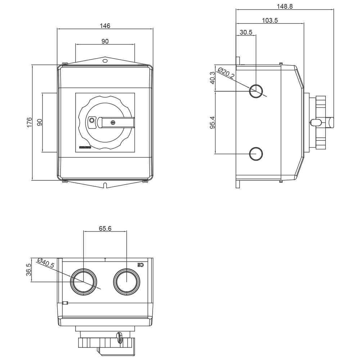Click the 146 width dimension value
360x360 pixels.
pos(105,26)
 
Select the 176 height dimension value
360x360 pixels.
pos(29,122)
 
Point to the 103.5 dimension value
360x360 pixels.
pos(270,21)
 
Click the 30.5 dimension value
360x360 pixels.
pos(246,32)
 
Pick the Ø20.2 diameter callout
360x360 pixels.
pos(226,75)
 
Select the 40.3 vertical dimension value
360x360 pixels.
pos(213,78)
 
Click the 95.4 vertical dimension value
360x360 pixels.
pos(213,122)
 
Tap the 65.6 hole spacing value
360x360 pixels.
pos(105,228)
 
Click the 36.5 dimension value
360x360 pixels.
pos(29,269)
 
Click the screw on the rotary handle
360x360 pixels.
pos(114,122)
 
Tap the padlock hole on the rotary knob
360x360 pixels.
pos(91,120)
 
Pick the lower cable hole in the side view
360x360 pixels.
pos(256,154)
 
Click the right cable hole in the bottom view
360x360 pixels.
pos(126,281)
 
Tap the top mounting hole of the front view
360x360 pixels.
pos(105,61)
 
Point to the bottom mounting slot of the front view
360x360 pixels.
pos(105,185)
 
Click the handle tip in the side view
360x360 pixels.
pos(332,122)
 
